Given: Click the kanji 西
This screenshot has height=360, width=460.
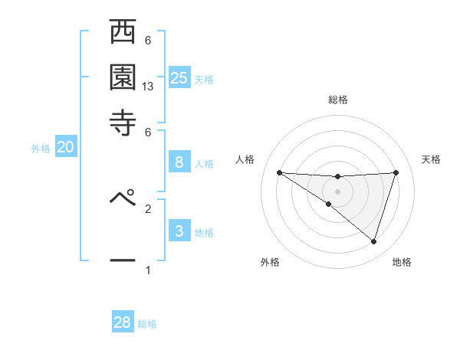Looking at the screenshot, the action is point(123,34).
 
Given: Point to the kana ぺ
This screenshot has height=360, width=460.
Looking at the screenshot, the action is point(123,198).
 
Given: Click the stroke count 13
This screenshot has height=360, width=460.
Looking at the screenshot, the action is point(148,87).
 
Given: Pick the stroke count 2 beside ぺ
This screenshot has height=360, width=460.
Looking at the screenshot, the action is point(148,208).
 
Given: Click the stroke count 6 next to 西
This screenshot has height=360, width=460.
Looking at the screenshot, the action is point(148,41).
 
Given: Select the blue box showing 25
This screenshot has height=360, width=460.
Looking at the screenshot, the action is point(179,77).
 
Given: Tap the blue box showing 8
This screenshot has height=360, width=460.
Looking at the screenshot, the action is point(179,162).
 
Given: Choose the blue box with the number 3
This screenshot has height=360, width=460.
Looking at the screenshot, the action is point(179,231).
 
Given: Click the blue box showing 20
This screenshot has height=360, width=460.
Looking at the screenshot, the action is point(65,148).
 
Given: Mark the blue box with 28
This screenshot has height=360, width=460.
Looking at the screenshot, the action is point(123,322).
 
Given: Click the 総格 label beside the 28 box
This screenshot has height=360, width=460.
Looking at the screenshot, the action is point(147,324).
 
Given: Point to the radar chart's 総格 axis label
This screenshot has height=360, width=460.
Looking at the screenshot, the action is point(337,100).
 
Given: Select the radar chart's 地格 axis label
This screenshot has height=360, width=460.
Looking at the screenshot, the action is point(402,263).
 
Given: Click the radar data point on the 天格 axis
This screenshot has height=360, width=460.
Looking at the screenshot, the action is point(396,172).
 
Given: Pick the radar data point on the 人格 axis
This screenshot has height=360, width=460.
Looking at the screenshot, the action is point(279,172).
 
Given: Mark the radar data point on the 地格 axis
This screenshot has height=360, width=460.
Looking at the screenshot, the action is point(373,241).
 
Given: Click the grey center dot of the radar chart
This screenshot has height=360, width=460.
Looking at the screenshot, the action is point(337,191).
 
